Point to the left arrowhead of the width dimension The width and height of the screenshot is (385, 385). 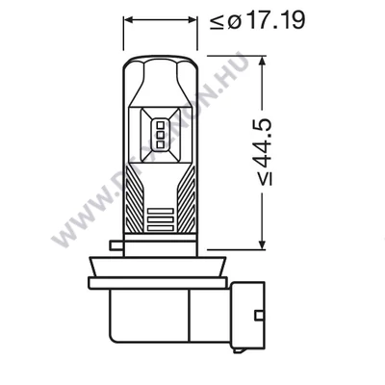[127, 18]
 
